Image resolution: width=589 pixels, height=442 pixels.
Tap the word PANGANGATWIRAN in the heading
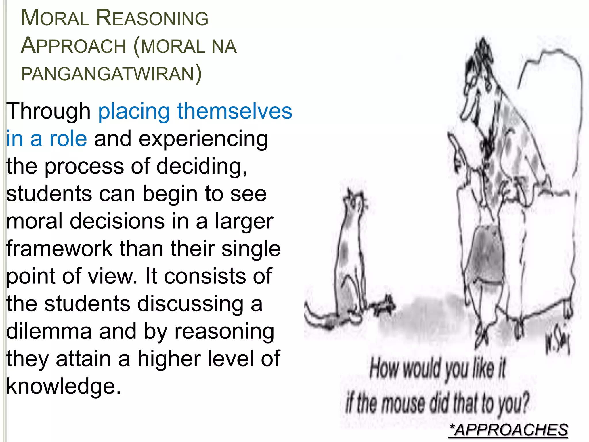click(x=108, y=74)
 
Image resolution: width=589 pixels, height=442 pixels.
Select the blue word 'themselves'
click(x=235, y=111)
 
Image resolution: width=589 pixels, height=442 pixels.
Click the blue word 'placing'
click(x=134, y=111)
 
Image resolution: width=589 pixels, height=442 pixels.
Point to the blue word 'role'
click(x=68, y=139)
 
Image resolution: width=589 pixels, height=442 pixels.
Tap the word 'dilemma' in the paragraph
click(x=49, y=331)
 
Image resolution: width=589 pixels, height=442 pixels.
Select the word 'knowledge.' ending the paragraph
click(x=64, y=386)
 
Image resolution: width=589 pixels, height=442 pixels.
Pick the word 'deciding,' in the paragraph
click(x=201, y=166)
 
